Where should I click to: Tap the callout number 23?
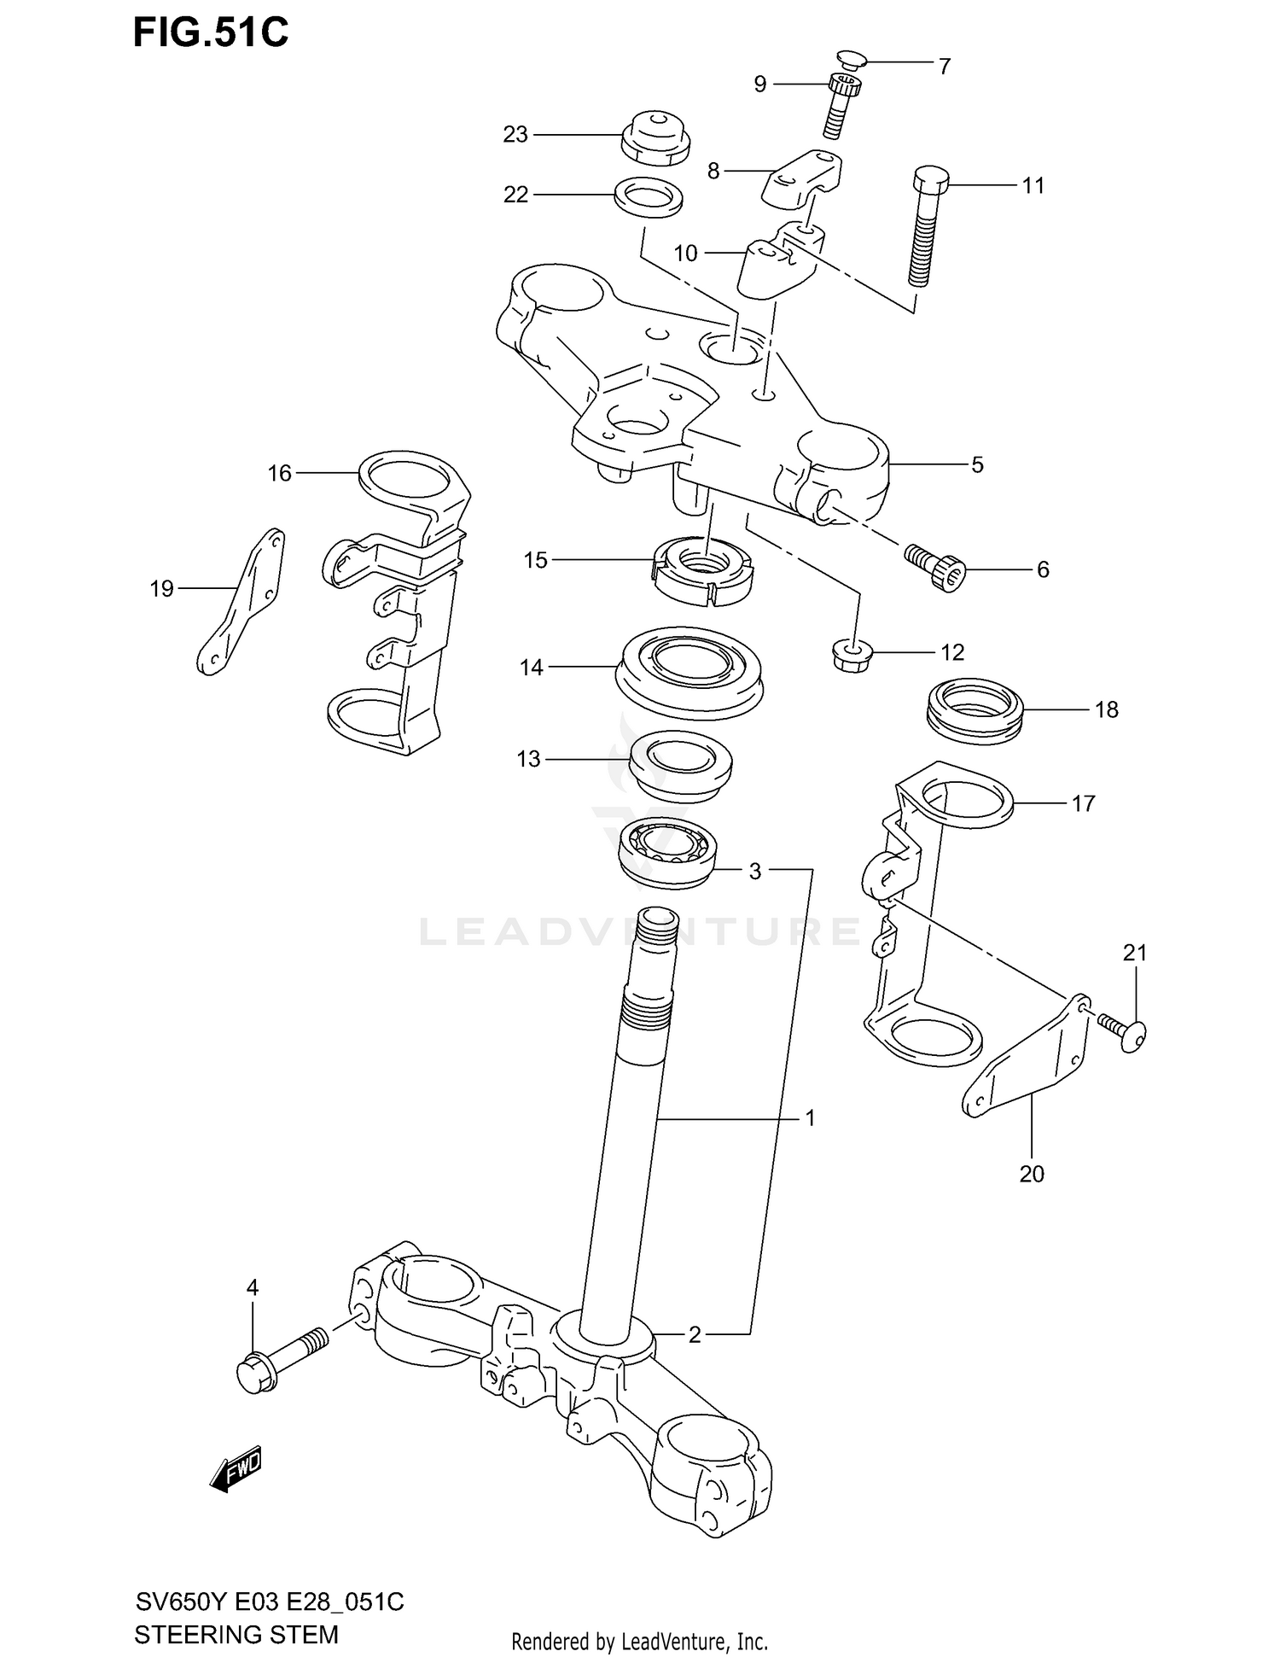click(515, 135)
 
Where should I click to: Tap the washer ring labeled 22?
click(649, 196)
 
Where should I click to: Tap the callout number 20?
click(1032, 1174)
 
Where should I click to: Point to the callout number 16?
click(279, 473)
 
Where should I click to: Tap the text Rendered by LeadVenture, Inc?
click(639, 1642)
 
